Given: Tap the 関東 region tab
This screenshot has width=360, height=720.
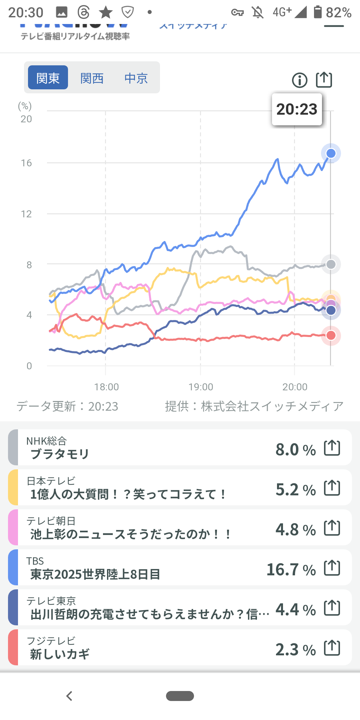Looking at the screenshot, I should coord(48,78).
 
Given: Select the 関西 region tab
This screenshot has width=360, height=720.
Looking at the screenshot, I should coord(92,78).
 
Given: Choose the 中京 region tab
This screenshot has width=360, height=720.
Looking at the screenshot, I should coord(136,78).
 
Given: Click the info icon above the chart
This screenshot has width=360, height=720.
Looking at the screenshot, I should coord(300,80).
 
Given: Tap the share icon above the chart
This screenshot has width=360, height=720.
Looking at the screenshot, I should coord(324,80).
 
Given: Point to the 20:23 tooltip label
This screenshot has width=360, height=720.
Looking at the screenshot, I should coord(297,109).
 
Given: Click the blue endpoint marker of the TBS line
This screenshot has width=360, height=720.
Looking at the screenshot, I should coord(331,153).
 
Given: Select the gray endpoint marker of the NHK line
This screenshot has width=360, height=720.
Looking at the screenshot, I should coord(331,264).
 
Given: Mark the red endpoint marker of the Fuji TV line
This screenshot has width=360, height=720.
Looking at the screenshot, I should coord(331,335).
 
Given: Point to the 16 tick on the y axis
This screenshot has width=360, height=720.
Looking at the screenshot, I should coord(26,163).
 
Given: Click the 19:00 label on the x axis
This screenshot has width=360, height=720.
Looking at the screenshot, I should coord(201,387).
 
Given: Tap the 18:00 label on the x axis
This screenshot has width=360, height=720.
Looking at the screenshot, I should coord(106,387).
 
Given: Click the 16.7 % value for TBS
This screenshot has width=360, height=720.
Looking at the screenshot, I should coord(291,570).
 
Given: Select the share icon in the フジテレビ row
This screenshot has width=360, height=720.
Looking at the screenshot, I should coord(332,648).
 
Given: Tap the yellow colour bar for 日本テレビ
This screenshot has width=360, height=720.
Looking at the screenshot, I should coord(13,487).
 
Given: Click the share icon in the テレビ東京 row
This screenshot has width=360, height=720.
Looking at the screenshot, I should coord(332,608).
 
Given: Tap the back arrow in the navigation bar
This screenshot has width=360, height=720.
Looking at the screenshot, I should coord(69,696).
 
